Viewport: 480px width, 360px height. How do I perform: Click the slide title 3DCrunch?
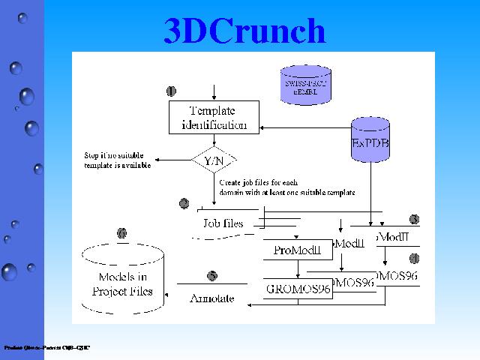(244, 31)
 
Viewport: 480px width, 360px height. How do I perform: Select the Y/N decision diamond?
(214, 160)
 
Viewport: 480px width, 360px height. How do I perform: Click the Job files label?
(222, 223)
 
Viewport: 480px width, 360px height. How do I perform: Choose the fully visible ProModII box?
(297, 250)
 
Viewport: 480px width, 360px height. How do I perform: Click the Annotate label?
(211, 298)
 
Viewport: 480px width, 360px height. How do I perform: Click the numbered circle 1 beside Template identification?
(172, 91)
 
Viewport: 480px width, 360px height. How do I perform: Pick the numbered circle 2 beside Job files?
(184, 203)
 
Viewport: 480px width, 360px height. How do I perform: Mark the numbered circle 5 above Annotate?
(213, 275)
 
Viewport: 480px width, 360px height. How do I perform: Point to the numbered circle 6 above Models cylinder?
(122, 233)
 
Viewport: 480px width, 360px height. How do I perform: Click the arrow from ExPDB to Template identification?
(300, 124)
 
